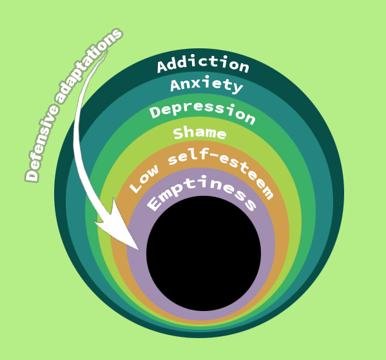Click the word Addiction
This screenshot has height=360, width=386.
pos(204,64)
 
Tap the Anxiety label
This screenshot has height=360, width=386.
pos(207,85)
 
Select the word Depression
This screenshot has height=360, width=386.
pos(202,113)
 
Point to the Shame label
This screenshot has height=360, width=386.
pos(200,133)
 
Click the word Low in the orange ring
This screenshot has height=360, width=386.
pos(144,178)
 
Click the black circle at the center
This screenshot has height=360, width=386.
pos(204,254)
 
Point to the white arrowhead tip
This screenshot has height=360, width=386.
pos(139,250)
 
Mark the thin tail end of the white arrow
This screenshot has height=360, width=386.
pos(108,52)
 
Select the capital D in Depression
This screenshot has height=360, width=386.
pos(155,112)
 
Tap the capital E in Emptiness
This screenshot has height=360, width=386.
pos(155,203)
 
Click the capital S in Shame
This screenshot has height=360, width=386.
pos(179,133)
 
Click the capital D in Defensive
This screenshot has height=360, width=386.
pos(32,175)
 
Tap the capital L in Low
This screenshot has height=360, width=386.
pos(136,187)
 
